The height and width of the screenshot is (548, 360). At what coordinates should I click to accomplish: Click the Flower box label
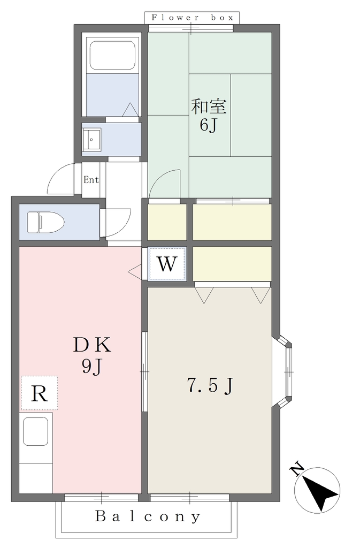tap(192, 18)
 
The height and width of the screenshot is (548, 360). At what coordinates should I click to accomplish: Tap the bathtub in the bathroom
tap(112, 56)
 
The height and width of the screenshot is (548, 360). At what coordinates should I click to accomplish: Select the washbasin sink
tap(91, 140)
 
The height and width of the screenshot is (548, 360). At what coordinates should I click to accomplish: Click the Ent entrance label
tap(91, 180)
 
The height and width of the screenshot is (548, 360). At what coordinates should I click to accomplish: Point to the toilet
tap(46, 222)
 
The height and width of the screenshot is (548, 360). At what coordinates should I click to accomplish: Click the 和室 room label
tap(209, 106)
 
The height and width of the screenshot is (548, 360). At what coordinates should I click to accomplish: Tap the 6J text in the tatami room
tap(209, 125)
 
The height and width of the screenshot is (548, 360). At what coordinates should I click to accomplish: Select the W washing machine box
tap(167, 264)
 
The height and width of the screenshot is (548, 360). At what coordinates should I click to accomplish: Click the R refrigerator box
tap(39, 393)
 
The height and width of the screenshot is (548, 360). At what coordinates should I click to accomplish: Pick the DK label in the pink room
tap(92, 345)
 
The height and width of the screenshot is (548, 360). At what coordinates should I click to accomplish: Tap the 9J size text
tap(92, 367)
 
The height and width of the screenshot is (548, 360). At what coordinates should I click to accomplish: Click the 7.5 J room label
tap(210, 386)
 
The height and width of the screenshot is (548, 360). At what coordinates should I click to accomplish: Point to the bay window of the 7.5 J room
tap(283, 372)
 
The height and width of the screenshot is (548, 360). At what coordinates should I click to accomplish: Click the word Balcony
tap(148, 517)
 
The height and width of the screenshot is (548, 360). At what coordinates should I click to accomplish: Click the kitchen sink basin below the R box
tap(36, 431)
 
